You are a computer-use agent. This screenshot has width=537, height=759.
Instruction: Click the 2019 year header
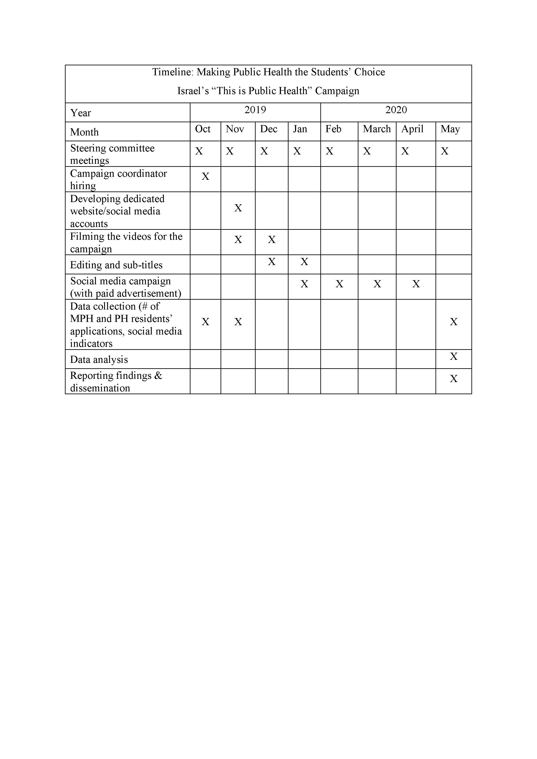(x=255, y=110)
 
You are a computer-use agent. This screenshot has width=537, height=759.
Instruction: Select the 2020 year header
(x=396, y=110)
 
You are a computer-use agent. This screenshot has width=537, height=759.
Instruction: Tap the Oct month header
(x=203, y=129)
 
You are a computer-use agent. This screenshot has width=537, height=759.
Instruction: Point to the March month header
(x=377, y=129)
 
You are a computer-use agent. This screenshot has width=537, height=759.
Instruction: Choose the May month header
(x=450, y=129)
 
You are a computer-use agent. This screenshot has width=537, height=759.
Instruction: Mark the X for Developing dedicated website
(x=238, y=208)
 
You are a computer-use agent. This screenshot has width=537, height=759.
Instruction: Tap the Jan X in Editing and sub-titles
(x=304, y=262)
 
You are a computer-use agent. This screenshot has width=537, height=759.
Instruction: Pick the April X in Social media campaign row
(x=416, y=284)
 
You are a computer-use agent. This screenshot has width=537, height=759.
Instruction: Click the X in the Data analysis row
(x=454, y=356)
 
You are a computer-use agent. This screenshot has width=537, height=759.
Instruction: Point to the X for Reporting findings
(x=454, y=378)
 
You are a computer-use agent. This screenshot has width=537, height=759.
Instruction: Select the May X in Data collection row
(x=454, y=322)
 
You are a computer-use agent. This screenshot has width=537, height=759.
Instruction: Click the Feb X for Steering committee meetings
(x=329, y=151)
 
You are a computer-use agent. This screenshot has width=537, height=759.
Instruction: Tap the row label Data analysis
(x=99, y=360)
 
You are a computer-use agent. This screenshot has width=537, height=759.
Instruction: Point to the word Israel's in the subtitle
(x=193, y=91)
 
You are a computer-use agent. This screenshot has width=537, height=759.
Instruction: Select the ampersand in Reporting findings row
(x=158, y=376)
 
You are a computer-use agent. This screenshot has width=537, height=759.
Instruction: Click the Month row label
(x=84, y=132)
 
